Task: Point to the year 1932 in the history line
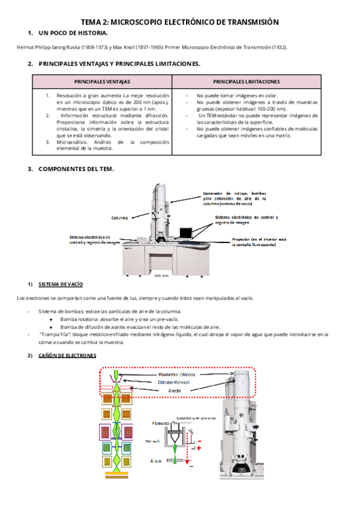[x=277, y=47]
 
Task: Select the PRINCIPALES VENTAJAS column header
[x=102, y=81]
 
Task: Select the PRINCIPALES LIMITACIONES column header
[x=246, y=81]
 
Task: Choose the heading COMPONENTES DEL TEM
[x=76, y=169]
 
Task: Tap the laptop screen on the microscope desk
[x=185, y=233]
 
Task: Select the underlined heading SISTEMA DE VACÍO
[x=60, y=283]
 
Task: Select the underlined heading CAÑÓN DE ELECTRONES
[x=67, y=356]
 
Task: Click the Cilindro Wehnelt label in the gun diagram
[x=175, y=382]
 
